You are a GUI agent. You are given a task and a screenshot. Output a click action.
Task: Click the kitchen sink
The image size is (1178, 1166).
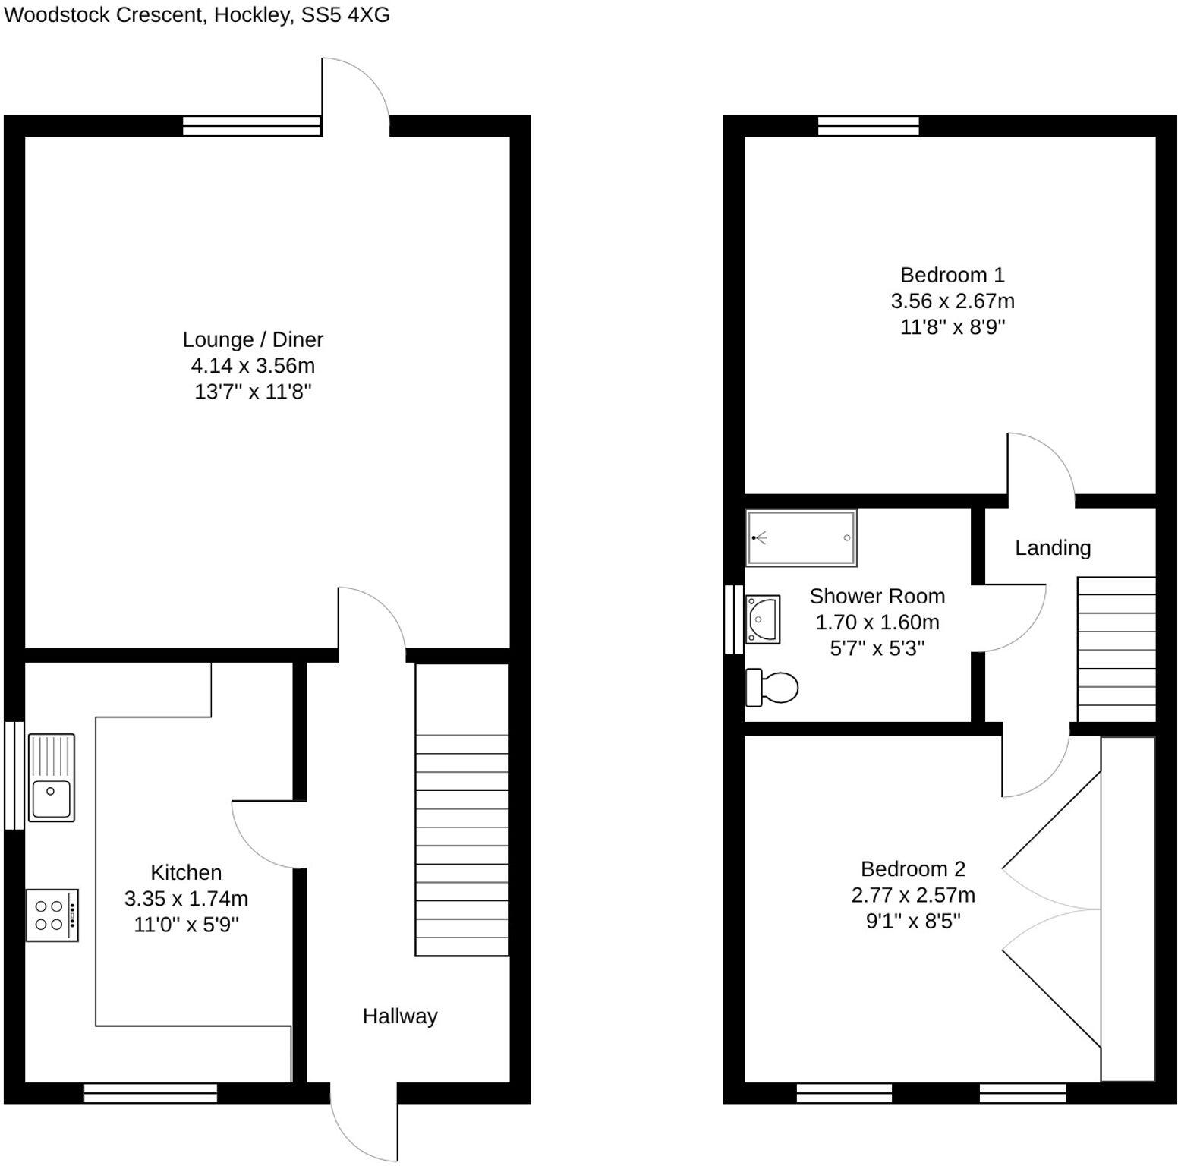51,777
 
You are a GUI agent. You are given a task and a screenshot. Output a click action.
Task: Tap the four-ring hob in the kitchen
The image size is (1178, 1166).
52,915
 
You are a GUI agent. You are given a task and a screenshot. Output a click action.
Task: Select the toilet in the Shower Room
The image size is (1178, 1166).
773,687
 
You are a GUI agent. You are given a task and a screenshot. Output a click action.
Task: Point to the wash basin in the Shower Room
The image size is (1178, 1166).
763,619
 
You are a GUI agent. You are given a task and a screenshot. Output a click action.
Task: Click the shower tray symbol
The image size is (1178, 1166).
801,537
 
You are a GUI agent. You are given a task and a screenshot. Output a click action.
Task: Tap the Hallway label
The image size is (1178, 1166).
400,1016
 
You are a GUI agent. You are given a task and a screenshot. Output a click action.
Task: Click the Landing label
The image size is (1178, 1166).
1053,547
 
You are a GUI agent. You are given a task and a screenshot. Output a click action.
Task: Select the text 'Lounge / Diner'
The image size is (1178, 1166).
253,339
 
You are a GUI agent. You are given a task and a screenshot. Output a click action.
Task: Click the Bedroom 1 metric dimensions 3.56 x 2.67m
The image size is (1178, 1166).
952,301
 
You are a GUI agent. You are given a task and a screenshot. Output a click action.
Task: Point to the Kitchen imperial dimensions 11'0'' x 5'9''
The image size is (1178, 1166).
186,924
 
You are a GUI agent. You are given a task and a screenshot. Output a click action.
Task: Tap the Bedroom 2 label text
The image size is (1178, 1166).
912,868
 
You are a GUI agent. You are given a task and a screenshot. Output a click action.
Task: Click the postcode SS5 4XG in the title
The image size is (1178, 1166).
345,14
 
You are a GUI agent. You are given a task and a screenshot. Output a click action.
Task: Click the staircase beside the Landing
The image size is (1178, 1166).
1116,649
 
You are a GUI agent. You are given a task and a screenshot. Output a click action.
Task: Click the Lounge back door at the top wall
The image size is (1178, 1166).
355,95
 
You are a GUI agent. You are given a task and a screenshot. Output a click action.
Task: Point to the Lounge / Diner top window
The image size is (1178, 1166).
251,125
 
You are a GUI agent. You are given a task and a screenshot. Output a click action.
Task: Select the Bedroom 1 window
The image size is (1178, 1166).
868,125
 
